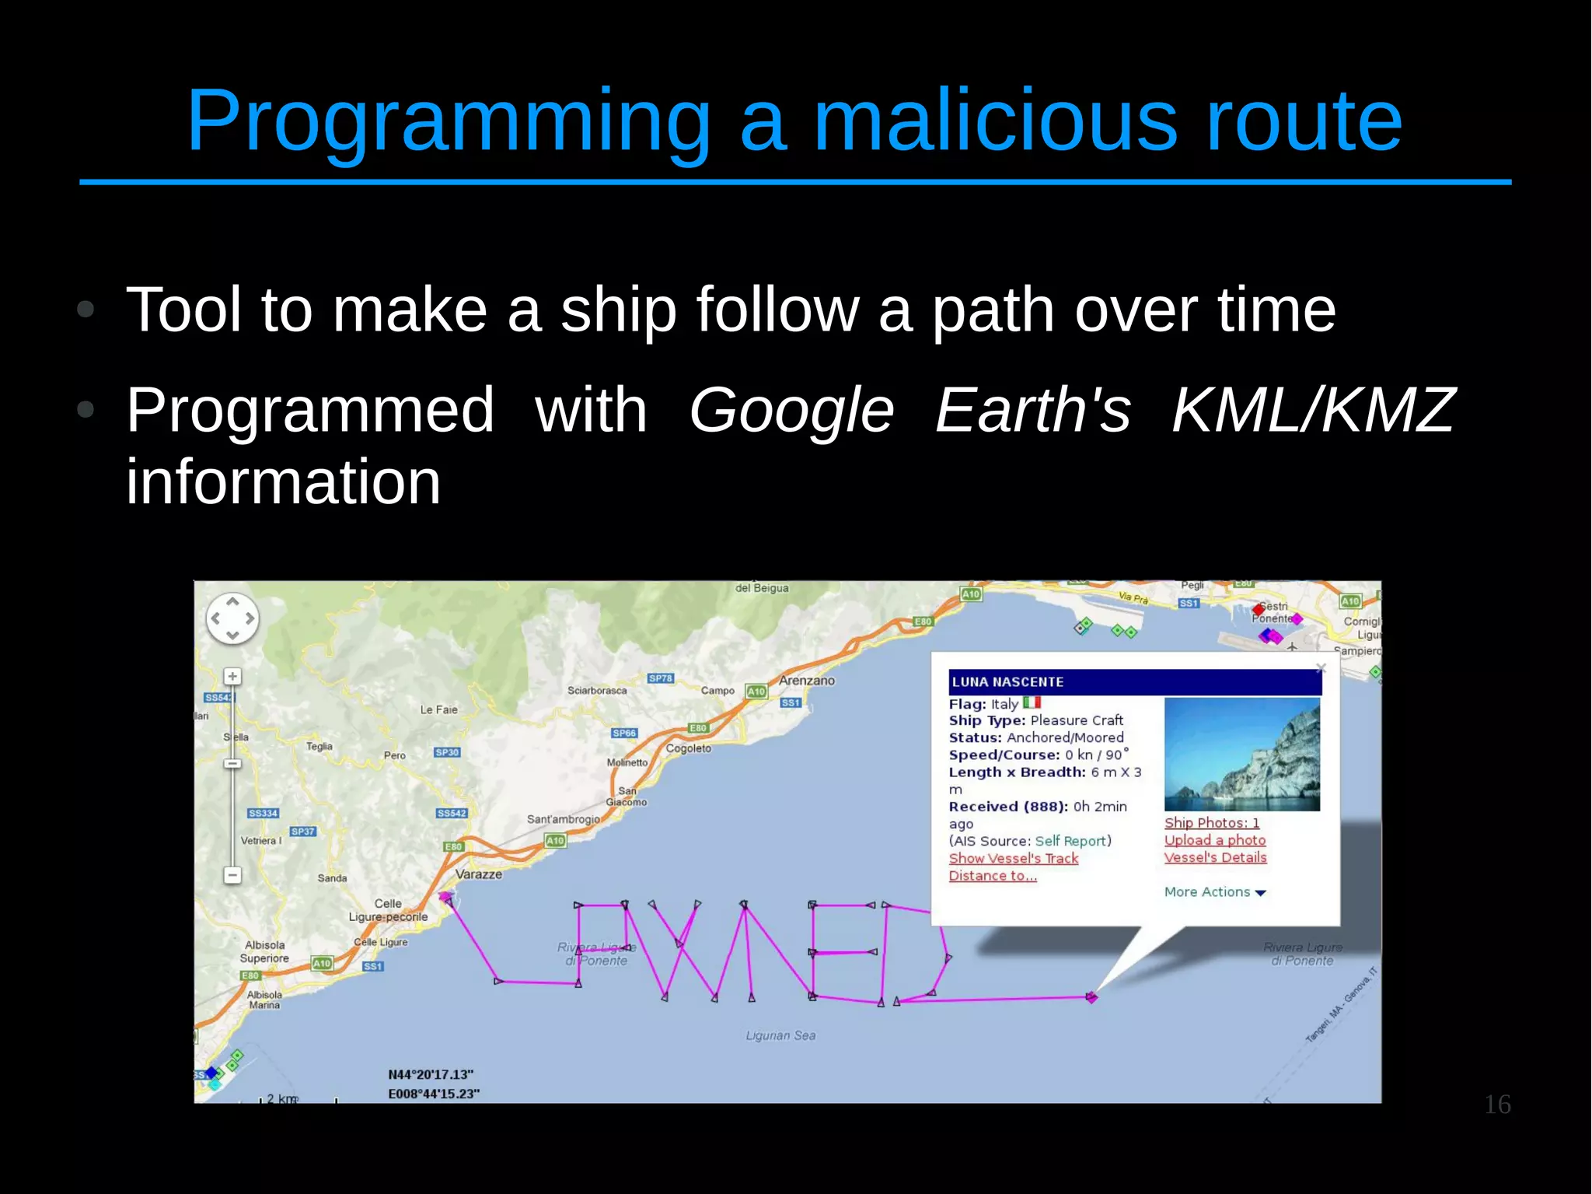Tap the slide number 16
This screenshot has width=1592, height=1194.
[x=1496, y=1105]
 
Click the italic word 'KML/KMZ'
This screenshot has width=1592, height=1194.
[x=1312, y=410]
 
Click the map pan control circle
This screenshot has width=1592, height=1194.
[x=232, y=619]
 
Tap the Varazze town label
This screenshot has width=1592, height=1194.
[x=478, y=874]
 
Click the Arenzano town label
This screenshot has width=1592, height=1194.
[x=806, y=681]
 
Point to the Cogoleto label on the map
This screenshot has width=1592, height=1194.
[x=688, y=748]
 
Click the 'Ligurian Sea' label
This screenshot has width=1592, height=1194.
[x=780, y=1035]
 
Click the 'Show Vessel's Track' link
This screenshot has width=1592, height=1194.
[x=1013, y=858]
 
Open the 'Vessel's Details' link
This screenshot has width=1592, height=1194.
[x=1215, y=857]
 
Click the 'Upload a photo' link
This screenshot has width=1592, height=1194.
[x=1214, y=840]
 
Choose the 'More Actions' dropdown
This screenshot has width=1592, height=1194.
[x=1214, y=892]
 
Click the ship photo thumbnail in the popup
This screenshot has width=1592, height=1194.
[x=1241, y=755]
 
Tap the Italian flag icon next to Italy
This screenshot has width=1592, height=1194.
[x=1032, y=702]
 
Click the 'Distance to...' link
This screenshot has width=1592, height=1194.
[x=992, y=876]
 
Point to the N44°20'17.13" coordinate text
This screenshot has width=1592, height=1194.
[x=431, y=1075]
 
